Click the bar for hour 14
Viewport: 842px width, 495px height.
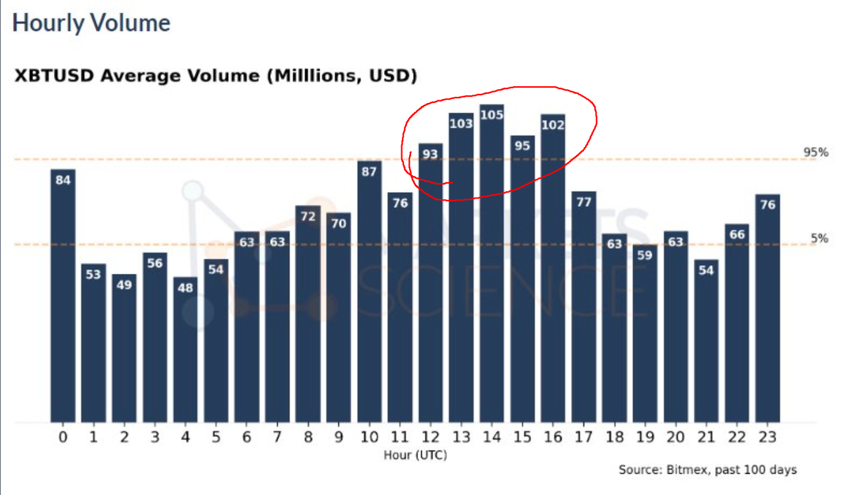coord(492,266)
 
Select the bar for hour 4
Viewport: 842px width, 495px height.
coord(185,351)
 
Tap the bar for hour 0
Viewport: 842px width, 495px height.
coord(63,294)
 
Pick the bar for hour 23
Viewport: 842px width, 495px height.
coord(768,308)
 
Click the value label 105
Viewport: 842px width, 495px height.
coord(492,114)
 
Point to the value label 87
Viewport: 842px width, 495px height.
coord(370,171)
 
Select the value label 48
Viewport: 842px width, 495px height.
coord(185,287)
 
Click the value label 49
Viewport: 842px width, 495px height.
coord(124,285)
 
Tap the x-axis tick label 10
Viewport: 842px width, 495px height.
coord(370,438)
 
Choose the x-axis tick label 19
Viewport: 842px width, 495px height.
coord(645,438)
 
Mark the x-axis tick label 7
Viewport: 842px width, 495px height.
coord(277,438)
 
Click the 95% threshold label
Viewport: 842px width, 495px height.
coord(816,153)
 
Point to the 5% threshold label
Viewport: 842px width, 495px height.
coord(820,238)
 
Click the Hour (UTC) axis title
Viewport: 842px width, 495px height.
coord(415,455)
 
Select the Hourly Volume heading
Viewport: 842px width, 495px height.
coord(91,23)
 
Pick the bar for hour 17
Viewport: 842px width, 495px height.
coord(584,308)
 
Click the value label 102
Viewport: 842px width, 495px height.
coord(553,125)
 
